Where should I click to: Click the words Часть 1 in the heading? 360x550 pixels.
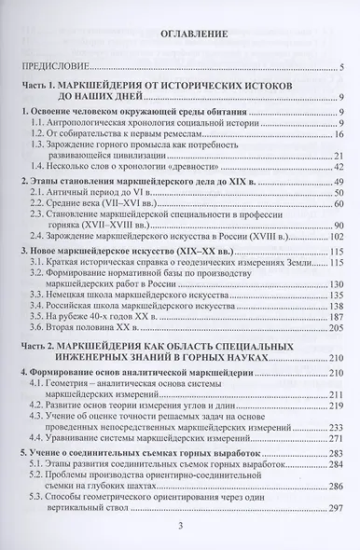coord(48,85)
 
